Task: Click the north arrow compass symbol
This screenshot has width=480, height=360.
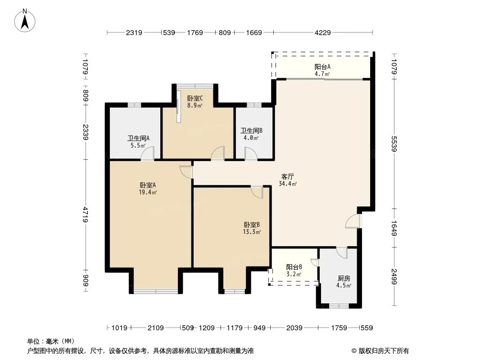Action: (25, 21)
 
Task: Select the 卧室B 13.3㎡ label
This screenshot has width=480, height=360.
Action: (252, 228)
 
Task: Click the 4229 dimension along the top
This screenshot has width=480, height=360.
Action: (323, 32)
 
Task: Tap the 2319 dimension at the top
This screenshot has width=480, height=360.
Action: (134, 32)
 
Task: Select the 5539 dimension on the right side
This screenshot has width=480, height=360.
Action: (394, 144)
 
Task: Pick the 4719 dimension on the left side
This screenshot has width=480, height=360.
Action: (86, 215)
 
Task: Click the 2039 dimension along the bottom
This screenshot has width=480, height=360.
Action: (294, 328)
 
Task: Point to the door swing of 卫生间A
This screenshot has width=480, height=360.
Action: (147, 153)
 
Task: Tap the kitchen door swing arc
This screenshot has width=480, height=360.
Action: (342, 252)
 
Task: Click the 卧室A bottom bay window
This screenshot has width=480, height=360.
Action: (156, 291)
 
